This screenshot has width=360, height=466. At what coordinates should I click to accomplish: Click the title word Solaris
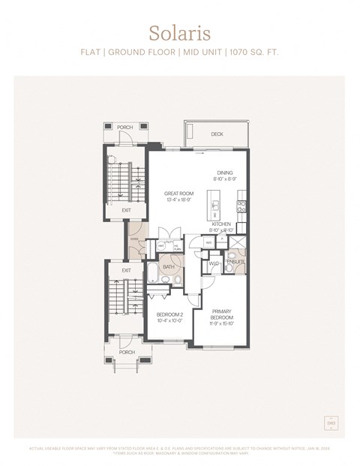point(179,33)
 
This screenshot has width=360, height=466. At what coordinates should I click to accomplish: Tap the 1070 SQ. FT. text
point(254,53)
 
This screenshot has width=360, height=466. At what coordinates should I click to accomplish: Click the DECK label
point(217,134)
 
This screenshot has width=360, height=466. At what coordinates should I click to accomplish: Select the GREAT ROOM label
point(178,193)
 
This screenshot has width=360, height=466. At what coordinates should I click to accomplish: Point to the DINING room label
point(225,173)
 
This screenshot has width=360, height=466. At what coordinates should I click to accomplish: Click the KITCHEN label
point(221,224)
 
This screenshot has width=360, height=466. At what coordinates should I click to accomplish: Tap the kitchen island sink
point(215,206)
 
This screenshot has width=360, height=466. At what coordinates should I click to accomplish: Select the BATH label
point(169,266)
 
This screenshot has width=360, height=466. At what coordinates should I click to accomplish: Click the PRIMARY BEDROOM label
point(221,314)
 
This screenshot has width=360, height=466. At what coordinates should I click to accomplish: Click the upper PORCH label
point(125,128)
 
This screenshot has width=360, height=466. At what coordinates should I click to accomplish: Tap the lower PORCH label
point(127,351)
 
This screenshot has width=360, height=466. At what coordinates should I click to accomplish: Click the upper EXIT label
point(126,210)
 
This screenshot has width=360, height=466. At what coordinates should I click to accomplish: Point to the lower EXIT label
point(126,270)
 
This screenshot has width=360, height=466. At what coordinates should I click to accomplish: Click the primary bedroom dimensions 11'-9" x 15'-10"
point(221,325)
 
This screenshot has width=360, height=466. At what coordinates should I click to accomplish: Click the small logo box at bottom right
point(331,424)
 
